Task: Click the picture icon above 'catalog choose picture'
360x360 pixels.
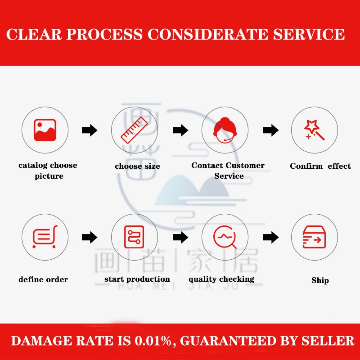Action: [45, 130]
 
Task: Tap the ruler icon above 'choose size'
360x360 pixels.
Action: [135, 130]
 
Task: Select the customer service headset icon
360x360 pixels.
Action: [225, 130]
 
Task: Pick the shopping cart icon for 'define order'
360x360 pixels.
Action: [45, 237]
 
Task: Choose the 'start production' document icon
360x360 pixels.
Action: [135, 237]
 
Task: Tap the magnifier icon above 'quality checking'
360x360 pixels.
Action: [225, 237]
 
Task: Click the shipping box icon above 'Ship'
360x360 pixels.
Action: [314, 237]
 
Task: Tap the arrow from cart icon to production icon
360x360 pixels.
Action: [90, 237]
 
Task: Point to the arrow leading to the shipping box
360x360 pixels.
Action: [271, 237]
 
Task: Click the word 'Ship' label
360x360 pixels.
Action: [320, 280]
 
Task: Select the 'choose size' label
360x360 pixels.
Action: [137, 166]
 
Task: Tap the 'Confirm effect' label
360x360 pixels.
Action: [320, 166]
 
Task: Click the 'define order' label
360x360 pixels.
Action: [43, 279]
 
